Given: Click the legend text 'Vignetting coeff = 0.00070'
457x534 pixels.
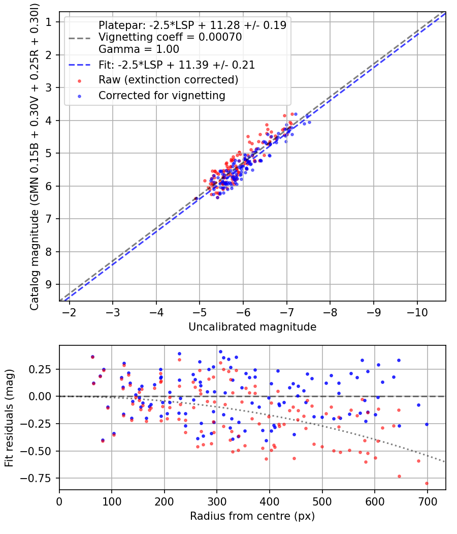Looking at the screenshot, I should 170,37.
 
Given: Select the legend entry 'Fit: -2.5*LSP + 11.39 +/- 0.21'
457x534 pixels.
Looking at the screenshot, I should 176,65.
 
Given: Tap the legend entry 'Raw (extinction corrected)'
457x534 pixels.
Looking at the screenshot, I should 168,80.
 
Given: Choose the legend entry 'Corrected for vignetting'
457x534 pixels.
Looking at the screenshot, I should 161,95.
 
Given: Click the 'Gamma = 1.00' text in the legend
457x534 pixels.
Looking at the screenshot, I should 139,49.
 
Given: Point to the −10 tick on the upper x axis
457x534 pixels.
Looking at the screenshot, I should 417,311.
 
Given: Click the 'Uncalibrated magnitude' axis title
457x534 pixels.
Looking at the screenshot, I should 252,327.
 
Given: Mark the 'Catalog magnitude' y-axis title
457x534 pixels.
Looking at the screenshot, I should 34,155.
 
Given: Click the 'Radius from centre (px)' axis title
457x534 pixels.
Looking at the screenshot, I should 252,516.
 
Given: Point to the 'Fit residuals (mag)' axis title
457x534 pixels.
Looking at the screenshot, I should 9,418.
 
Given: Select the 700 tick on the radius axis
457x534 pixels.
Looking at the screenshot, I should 427,501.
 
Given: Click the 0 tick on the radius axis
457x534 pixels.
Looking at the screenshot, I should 59,501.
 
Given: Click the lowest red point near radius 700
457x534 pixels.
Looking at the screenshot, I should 427,483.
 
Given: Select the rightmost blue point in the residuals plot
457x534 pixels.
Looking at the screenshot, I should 427,424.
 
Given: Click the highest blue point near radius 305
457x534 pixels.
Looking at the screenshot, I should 220,351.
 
